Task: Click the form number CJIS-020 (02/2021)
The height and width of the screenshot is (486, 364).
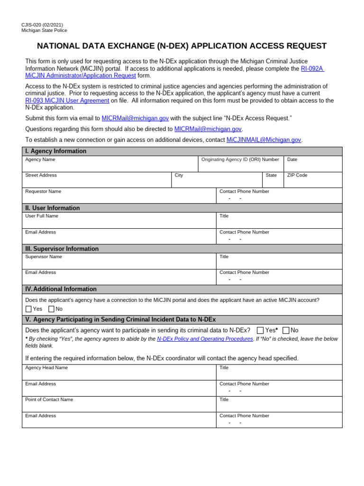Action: pyautogui.click(x=42, y=25)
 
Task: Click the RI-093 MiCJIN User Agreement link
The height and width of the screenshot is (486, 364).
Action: pyautogui.click(x=67, y=101)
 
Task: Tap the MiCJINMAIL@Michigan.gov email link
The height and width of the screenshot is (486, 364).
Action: pyautogui.click(x=264, y=140)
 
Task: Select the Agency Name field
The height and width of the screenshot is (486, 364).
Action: pyautogui.click(x=110, y=166)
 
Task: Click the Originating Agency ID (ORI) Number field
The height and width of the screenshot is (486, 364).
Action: pyautogui.click(x=240, y=166)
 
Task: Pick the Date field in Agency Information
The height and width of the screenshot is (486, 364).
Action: pyautogui.click(x=312, y=166)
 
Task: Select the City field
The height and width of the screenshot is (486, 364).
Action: pyautogui.click(x=217, y=182)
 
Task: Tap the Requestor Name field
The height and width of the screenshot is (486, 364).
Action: pyautogui.click(x=119, y=197)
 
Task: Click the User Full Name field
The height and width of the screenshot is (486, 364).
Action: pyautogui.click(x=119, y=222)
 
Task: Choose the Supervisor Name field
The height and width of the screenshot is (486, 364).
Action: pyautogui.click(x=119, y=263)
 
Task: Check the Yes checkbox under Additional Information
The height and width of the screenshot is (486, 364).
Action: pyautogui.click(x=28, y=309)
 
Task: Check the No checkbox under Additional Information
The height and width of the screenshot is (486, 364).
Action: pyautogui.click(x=51, y=309)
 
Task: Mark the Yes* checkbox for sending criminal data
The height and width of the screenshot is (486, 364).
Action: pyautogui.click(x=260, y=330)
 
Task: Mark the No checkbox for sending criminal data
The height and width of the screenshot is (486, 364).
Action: pyautogui.click(x=286, y=330)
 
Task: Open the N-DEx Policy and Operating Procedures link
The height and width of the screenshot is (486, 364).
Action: pyautogui.click(x=205, y=339)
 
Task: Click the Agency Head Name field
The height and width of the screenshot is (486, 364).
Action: pyautogui.click(x=119, y=374)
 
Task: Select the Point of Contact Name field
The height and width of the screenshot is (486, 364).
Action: pyautogui.click(x=119, y=406)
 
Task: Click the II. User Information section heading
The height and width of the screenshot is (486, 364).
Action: pyautogui.click(x=53, y=208)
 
